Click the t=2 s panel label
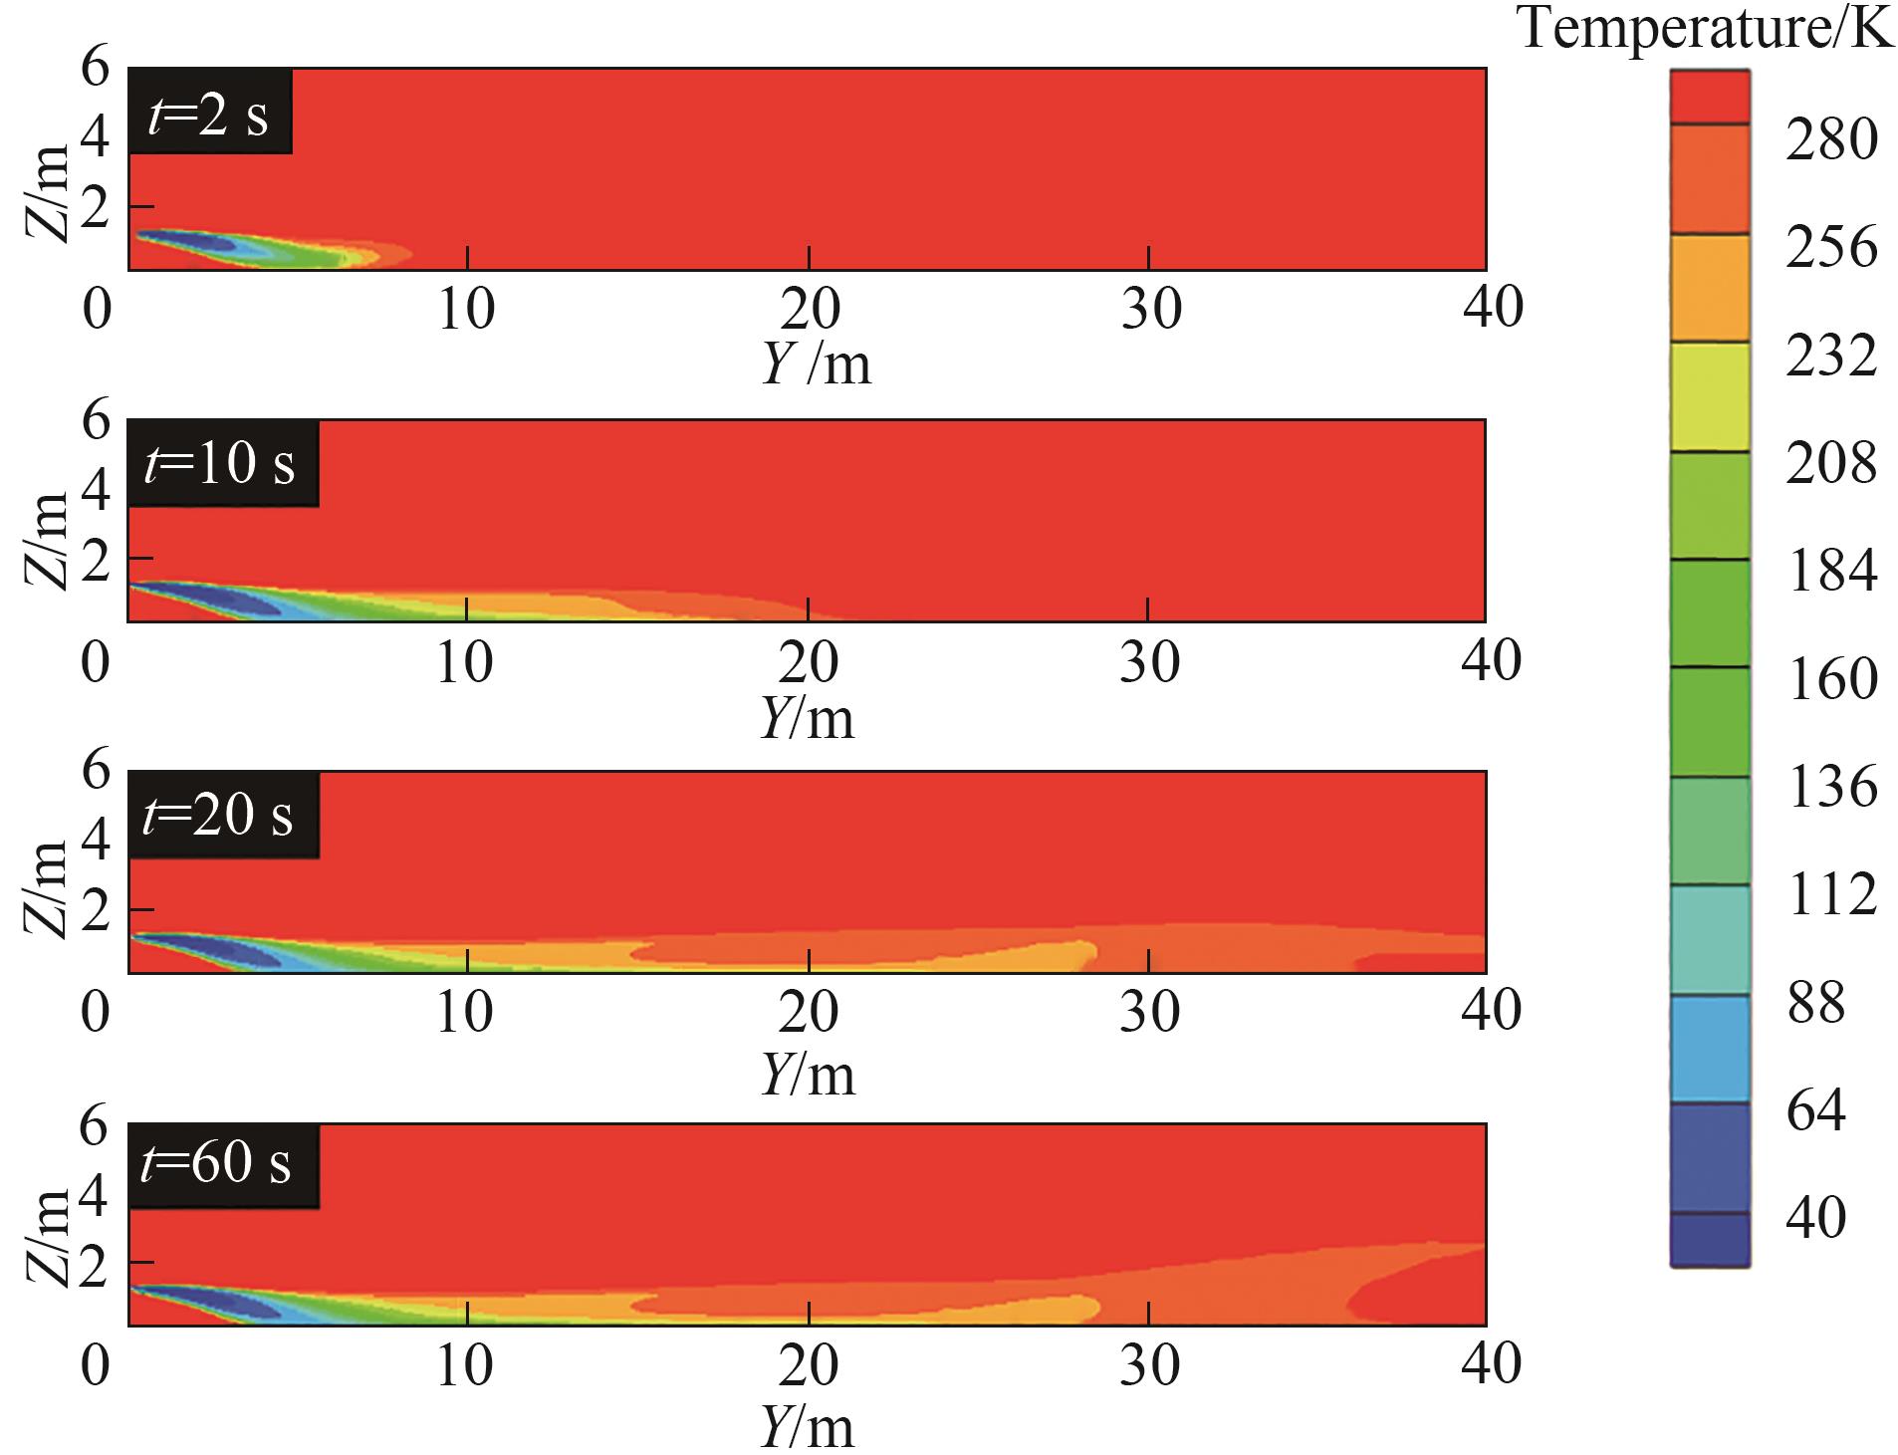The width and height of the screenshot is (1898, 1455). pos(209,113)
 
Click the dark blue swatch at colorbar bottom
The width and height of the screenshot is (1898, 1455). pos(1709,1240)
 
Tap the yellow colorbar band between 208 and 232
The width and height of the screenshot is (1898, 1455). pos(1709,397)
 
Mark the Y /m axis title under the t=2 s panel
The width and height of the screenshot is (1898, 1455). pos(817,365)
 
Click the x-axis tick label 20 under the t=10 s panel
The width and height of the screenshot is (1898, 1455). pos(809,662)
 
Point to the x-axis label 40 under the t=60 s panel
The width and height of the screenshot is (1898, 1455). pos(1491,1364)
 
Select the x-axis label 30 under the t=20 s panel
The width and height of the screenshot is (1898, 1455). pos(1149,1013)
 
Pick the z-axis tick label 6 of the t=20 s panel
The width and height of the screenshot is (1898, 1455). pos(96,772)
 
